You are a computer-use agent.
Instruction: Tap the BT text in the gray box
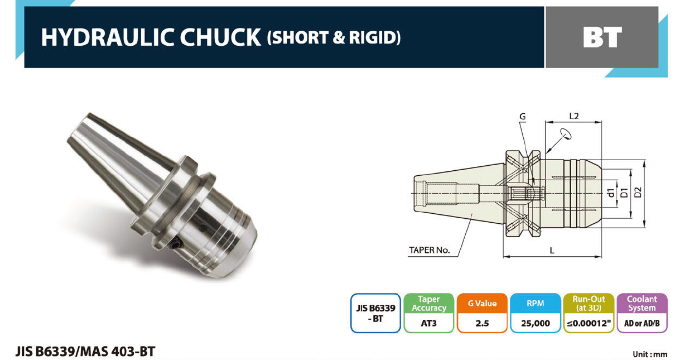tap(602, 37)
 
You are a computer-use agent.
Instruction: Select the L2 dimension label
tap(573, 116)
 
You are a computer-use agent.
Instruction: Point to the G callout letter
tap(523, 117)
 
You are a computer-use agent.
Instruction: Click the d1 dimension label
tap(611, 193)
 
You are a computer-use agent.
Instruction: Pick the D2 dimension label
tap(638, 193)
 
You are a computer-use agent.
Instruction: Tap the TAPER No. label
tap(429, 250)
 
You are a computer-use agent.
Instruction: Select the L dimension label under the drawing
tap(552, 251)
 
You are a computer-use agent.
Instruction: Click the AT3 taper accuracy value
tap(428, 323)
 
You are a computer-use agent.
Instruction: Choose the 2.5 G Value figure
tap(482, 323)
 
